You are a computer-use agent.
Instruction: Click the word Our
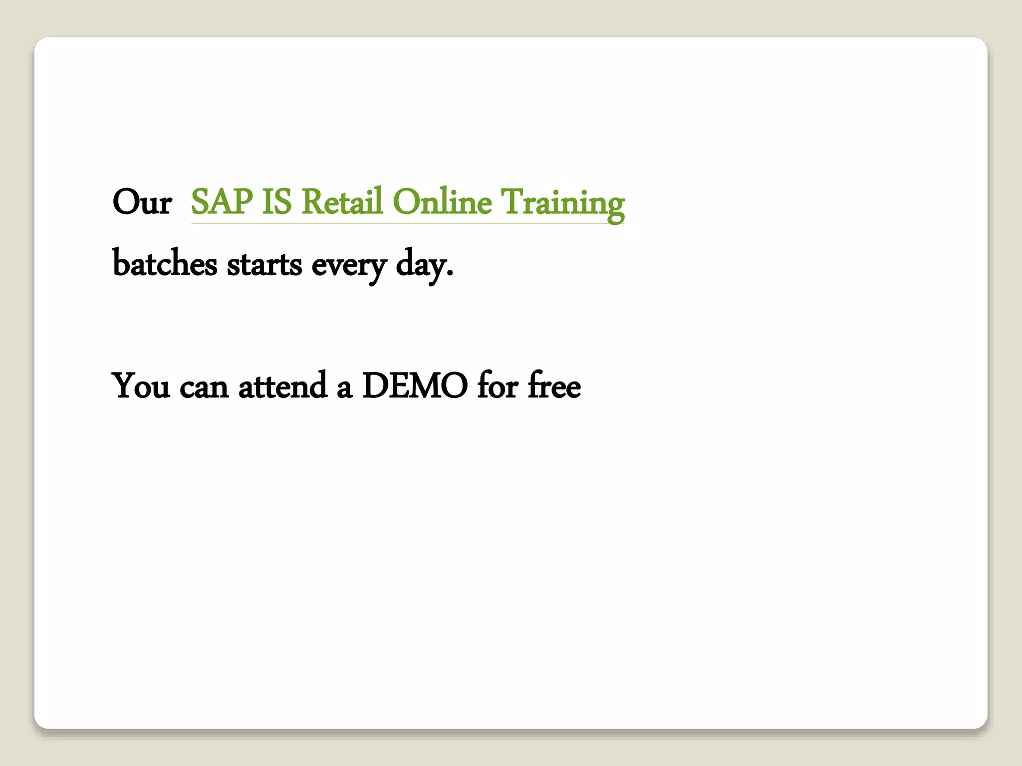click(x=142, y=202)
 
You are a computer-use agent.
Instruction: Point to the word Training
click(x=562, y=202)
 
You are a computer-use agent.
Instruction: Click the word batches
click(x=165, y=263)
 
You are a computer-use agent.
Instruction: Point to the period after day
click(x=450, y=273)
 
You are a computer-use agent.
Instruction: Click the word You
click(x=141, y=385)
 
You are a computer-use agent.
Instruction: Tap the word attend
click(x=282, y=385)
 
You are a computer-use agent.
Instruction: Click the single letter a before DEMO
click(x=344, y=388)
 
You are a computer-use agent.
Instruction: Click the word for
click(x=498, y=385)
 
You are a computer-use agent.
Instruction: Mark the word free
click(x=554, y=385)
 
